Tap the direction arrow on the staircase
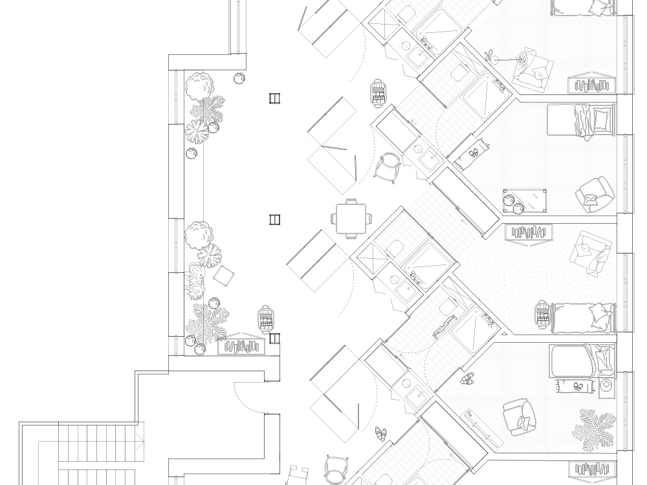(138, 442)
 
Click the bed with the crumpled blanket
(580, 120)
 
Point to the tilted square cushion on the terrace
(224, 276)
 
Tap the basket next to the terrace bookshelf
(265, 318)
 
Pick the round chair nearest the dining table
(388, 167)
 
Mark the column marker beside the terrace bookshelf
(275, 338)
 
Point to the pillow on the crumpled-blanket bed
(601, 118)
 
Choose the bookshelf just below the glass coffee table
(531, 232)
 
